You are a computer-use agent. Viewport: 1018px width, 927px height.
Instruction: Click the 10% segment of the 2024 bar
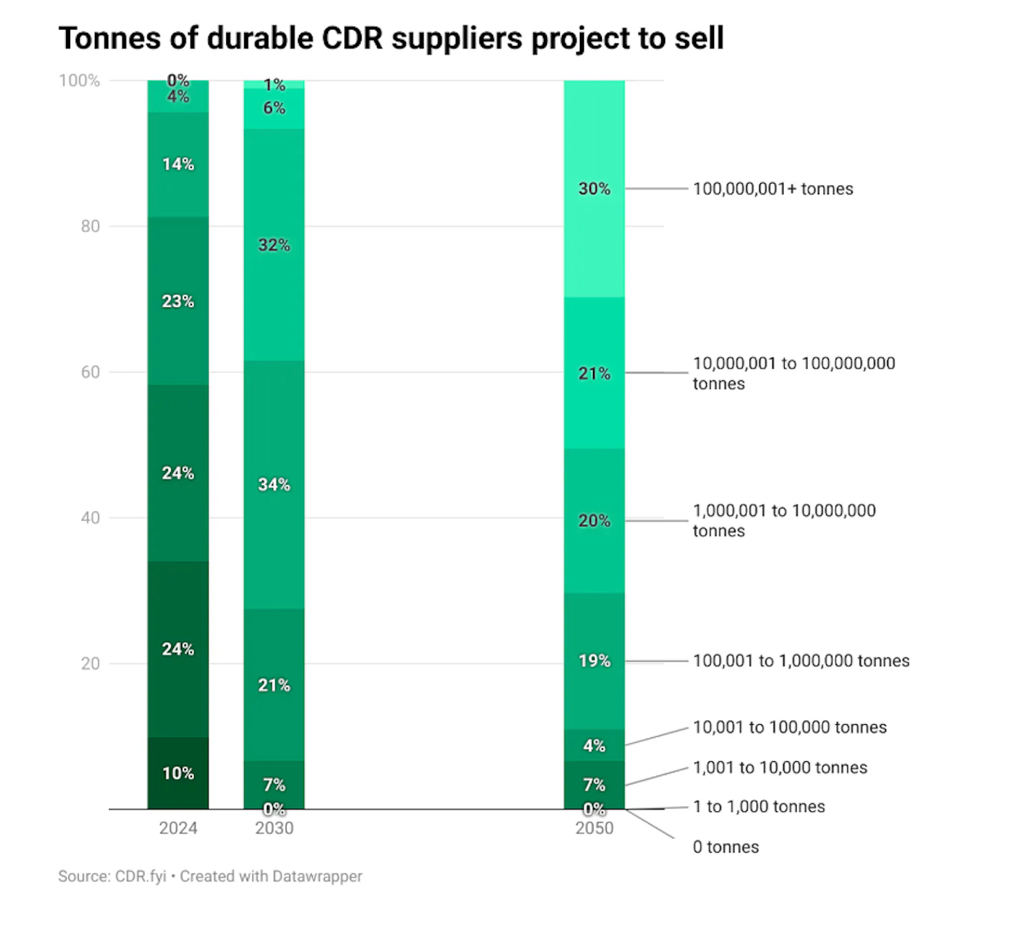pos(178,773)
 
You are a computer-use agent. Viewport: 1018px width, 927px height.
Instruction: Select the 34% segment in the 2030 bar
pos(274,484)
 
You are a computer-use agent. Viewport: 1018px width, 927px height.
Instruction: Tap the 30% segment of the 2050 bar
pos(594,188)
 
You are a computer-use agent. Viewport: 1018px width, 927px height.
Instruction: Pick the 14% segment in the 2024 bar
pos(178,164)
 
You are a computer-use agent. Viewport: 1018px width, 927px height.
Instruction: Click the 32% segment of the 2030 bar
pos(274,245)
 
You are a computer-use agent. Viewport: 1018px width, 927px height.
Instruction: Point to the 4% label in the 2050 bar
pos(594,745)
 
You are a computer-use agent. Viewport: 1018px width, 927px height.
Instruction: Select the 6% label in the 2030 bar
pos(274,108)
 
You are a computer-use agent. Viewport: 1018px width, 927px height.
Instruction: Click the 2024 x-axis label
pos(178,828)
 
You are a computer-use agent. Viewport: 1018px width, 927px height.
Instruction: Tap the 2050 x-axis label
pos(594,828)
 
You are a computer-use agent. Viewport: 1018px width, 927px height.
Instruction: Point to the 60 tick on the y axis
pos(90,372)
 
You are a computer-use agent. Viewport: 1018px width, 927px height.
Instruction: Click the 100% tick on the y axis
pos(80,80)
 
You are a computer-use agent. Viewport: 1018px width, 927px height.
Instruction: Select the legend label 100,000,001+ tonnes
pos(772,189)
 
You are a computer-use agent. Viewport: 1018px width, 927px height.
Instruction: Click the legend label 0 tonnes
pos(726,847)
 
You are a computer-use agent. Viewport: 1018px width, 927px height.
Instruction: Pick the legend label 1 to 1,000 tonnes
pos(759,807)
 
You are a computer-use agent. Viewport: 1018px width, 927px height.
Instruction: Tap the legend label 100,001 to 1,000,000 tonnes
pos(801,661)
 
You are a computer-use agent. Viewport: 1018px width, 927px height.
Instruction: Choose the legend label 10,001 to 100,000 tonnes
pos(790,728)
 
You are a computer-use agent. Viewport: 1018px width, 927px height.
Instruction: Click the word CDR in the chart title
pos(352,39)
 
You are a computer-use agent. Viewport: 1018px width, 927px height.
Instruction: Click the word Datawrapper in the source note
pos(317,876)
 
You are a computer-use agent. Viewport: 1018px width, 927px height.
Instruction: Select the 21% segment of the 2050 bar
pos(594,373)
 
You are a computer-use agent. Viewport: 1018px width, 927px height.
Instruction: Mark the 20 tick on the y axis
pos(90,664)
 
